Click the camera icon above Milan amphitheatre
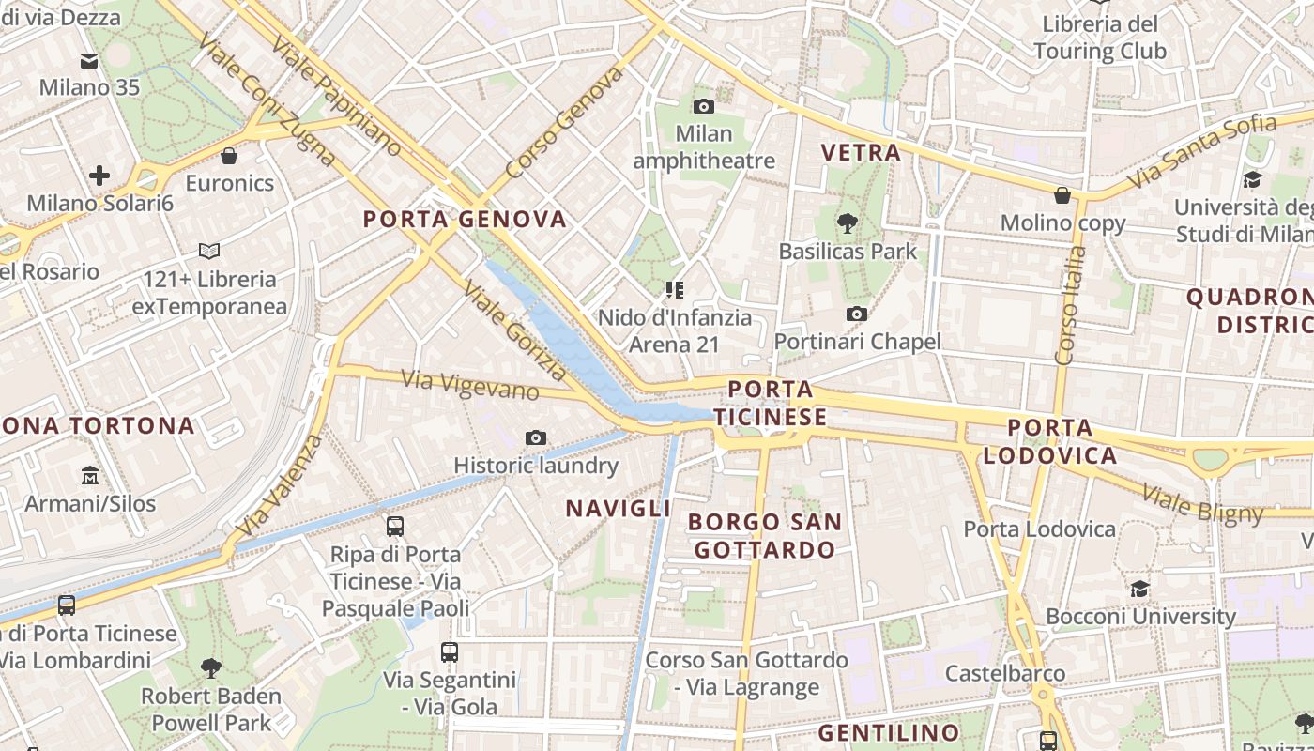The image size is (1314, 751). pos(703,107)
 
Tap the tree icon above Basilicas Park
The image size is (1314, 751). pos(848,223)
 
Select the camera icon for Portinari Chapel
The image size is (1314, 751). pos(856,314)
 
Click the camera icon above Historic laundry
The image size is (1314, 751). pos(536,437)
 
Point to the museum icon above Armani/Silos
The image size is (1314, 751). pos(90,476)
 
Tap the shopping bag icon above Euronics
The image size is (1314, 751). pos(229,156)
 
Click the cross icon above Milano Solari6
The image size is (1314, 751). pos(99,176)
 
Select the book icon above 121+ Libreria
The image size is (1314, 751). pos(209,252)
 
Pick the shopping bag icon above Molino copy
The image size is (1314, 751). pos(1062,195)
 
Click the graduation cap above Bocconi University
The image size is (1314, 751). pos(1139,589)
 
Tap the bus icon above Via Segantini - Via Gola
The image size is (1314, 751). pos(450,651)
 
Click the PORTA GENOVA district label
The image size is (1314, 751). pos(466,220)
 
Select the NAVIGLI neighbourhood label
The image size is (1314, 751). pos(618,509)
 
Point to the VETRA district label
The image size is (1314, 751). pos(861,152)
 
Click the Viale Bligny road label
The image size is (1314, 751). pos(1203,503)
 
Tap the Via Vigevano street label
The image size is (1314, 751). pos(470,385)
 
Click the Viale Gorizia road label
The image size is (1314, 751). pos(514,332)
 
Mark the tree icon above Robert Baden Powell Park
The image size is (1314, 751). pos(211,667)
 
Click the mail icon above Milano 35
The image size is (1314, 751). pos(89,61)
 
